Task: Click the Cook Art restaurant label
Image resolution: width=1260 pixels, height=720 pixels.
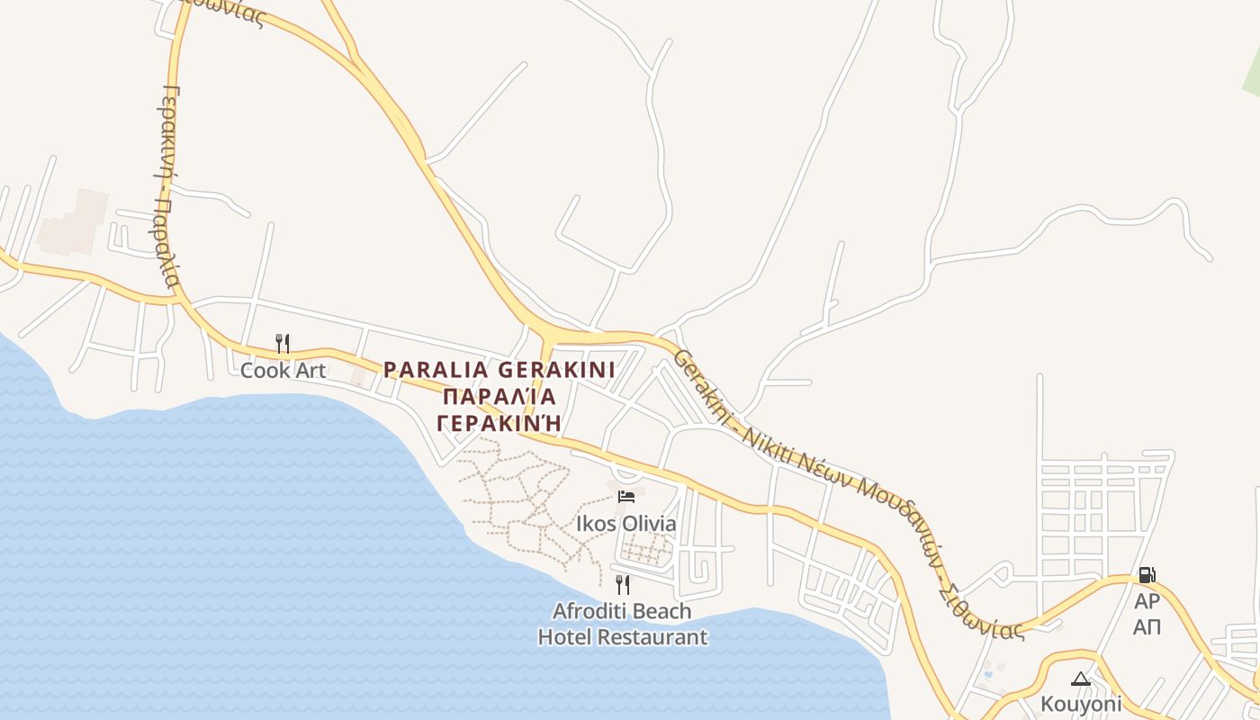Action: pos(283,370)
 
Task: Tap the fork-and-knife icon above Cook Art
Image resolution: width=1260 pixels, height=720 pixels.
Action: pos(283,343)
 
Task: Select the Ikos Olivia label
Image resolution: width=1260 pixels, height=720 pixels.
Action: pos(626,523)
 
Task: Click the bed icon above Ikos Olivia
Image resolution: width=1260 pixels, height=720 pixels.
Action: pos(625,496)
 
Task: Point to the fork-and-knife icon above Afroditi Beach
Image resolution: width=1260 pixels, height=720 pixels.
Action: pos(623,584)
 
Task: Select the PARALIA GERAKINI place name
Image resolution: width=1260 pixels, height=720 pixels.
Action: pos(499,370)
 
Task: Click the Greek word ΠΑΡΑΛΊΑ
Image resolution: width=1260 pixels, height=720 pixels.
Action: pos(499,396)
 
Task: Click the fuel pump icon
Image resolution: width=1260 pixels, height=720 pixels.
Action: pos(1147,574)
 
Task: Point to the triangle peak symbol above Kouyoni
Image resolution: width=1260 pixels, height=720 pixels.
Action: pos(1081,679)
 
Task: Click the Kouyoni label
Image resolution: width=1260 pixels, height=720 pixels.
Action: pos(1081,703)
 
